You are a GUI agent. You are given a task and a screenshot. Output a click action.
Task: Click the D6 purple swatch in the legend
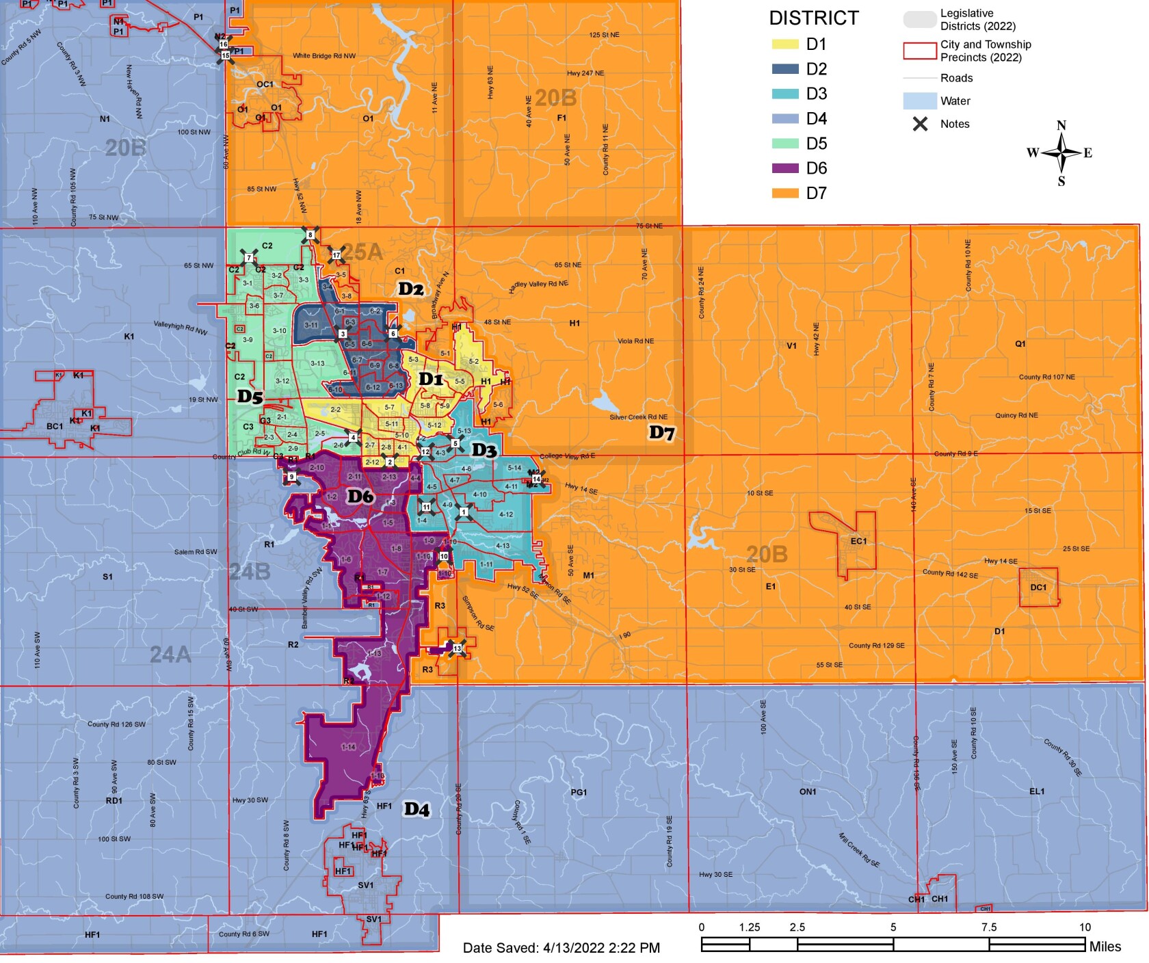tap(785, 168)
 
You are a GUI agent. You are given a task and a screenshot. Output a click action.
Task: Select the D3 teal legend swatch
tap(785, 94)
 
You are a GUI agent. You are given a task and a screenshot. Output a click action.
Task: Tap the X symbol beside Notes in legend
tap(921, 124)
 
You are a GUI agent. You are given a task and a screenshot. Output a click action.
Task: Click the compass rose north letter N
tap(1061, 126)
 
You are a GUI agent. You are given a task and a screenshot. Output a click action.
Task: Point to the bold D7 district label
tap(661, 432)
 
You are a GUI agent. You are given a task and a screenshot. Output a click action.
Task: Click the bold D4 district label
tap(417, 809)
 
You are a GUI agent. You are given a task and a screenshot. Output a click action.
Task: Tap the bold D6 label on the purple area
tap(360, 497)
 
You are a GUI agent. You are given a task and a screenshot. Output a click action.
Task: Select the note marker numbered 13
tap(457, 648)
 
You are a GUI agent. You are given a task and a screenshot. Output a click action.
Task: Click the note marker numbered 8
tap(311, 235)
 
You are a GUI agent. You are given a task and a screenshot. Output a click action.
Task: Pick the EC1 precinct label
tap(858, 541)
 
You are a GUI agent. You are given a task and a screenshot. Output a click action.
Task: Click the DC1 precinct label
tap(1038, 587)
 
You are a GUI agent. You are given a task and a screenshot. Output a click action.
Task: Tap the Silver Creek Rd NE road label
tap(638, 417)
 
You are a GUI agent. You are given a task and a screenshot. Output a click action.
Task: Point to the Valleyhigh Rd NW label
tap(180, 328)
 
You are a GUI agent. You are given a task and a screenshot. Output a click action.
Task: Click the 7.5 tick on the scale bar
tap(989, 927)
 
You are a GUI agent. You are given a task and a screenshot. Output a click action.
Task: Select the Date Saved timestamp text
tap(561, 948)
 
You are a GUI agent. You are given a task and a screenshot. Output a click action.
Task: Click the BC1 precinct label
tap(55, 426)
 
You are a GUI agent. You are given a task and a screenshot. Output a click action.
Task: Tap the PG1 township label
tap(579, 792)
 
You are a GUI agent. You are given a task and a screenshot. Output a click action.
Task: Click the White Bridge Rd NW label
tap(324, 56)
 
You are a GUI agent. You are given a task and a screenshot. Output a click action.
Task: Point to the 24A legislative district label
tap(170, 655)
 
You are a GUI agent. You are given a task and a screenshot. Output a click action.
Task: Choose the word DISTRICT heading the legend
tap(813, 18)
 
